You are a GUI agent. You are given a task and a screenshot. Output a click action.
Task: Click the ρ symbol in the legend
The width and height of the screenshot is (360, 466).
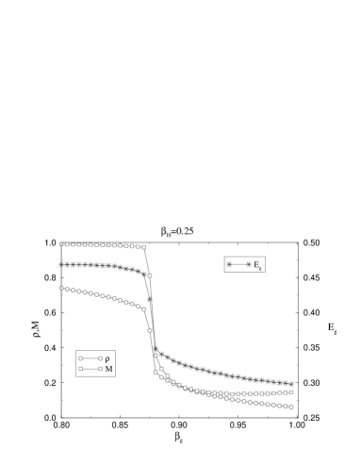pyautogui.click(x=108, y=358)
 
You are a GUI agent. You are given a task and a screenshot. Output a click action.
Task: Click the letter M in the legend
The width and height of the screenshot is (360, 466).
pyautogui.click(x=108, y=370)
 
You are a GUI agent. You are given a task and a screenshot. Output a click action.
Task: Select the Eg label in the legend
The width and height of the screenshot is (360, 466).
pyautogui.click(x=257, y=265)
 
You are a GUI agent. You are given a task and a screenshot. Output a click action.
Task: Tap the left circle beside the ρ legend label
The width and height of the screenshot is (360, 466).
pyautogui.click(x=81, y=358)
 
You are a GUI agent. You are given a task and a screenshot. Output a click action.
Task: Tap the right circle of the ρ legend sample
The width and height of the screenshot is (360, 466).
pyautogui.click(x=99, y=358)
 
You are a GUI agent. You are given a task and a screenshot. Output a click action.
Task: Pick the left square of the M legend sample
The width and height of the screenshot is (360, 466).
pyautogui.click(x=81, y=369)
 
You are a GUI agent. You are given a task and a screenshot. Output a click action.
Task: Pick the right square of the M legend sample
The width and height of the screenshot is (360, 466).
pyautogui.click(x=99, y=369)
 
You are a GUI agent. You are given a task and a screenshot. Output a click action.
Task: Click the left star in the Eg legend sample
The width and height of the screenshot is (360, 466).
pyautogui.click(x=229, y=264)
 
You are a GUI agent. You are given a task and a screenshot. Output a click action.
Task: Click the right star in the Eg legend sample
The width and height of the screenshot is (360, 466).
pyautogui.click(x=249, y=264)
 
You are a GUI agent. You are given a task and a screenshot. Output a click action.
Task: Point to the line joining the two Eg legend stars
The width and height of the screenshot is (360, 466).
pyautogui.click(x=238, y=264)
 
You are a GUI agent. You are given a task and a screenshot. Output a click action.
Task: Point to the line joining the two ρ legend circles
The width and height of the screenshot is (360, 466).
pyautogui.click(x=90, y=358)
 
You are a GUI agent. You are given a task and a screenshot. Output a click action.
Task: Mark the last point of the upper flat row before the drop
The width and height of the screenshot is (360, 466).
pyautogui.click(x=143, y=247)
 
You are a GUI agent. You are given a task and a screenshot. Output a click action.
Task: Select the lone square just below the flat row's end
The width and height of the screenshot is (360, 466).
pyautogui.click(x=150, y=275)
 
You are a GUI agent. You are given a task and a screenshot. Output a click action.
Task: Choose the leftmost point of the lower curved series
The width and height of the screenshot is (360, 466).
pyautogui.click(x=61, y=288)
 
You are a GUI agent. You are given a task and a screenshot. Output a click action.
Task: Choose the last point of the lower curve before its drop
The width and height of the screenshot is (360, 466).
pyautogui.click(x=143, y=308)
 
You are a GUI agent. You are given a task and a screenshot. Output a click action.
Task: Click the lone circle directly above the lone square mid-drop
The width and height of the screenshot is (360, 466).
pyautogui.click(x=150, y=330)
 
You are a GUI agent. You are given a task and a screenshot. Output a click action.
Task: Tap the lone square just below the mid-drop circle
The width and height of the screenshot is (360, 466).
pyautogui.click(x=155, y=356)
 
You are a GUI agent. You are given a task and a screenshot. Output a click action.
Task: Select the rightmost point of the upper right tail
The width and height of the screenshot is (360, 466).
pyautogui.click(x=291, y=391)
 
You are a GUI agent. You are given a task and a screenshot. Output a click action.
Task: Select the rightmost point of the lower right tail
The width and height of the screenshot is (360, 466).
pyautogui.click(x=291, y=407)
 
